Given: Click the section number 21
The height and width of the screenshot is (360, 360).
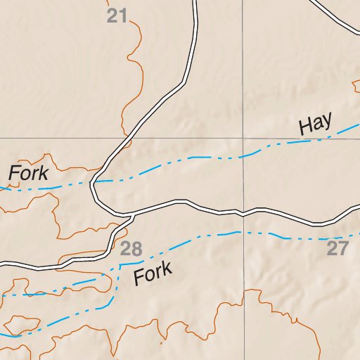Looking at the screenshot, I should click(117, 15).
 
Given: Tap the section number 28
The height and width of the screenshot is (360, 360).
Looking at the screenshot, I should click(131, 248).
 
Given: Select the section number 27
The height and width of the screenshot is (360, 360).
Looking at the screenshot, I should click(337, 248).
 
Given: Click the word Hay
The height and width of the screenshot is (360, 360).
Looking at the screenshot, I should click(315, 124).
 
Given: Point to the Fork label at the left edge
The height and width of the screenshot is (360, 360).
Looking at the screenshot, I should click(28, 173).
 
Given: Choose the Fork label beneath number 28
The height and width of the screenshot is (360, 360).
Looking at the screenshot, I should click(153, 273).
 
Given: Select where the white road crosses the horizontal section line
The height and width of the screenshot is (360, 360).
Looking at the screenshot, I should click(127, 139).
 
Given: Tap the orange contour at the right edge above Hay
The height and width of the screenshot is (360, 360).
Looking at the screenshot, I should click(355, 85).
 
